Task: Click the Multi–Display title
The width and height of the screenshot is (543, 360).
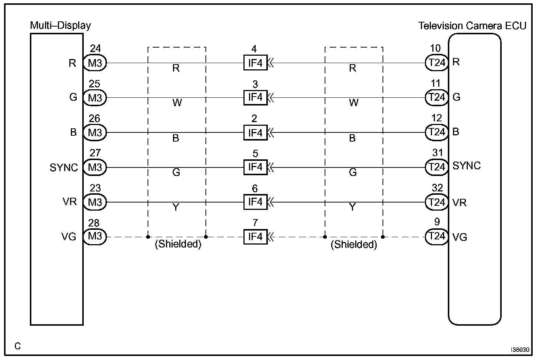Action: pyautogui.click(x=60, y=25)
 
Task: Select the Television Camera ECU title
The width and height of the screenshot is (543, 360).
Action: pyautogui.click(x=472, y=26)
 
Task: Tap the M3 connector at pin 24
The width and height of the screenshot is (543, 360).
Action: pyautogui.click(x=95, y=63)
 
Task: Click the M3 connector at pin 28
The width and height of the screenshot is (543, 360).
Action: pyautogui.click(x=95, y=236)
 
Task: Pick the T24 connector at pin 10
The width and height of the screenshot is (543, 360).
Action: pyautogui.click(x=437, y=63)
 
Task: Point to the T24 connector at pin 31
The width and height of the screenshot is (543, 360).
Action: pyautogui.click(x=437, y=167)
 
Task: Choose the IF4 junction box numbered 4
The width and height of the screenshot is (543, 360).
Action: pyautogui.click(x=255, y=63)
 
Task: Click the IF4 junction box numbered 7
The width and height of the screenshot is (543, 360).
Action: pyautogui.click(x=255, y=236)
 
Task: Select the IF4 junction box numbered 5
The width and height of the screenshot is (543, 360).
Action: pyautogui.click(x=255, y=167)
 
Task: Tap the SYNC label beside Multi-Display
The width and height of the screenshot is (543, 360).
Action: pyautogui.click(x=64, y=167)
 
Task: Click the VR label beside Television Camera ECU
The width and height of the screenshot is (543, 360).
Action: pyautogui.click(x=459, y=202)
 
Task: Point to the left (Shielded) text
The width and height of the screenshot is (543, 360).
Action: pyautogui.click(x=178, y=245)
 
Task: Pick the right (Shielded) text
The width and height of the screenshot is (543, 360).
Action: pyautogui.click(x=354, y=245)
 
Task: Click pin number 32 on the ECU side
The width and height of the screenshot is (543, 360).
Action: pyautogui.click(x=437, y=188)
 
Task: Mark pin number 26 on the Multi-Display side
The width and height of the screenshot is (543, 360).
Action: pyautogui.click(x=94, y=118)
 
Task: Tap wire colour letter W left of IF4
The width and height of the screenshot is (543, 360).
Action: pyautogui.click(x=177, y=103)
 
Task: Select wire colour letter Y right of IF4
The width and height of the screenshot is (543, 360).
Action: pyautogui.click(x=352, y=207)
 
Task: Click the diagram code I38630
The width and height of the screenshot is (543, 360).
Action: pyautogui.click(x=520, y=350)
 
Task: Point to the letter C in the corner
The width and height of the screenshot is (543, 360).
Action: pyautogui.click(x=18, y=346)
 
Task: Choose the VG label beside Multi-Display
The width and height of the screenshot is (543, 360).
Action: pyautogui.click(x=69, y=236)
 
